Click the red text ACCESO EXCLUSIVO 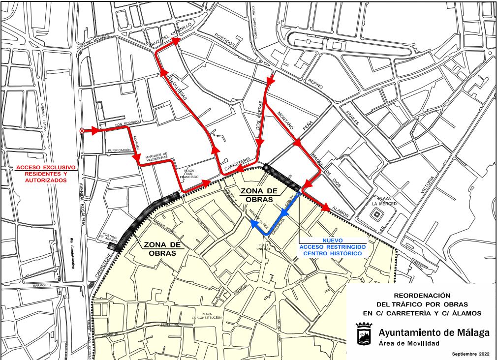pyautogui.click(x=45, y=167)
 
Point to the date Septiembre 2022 pyautogui.click(x=470, y=354)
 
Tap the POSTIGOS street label pyautogui.click(x=226, y=40)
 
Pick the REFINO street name pyautogui.click(x=315, y=84)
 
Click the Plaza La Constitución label pyautogui.click(x=209, y=315)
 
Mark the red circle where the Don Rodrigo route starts pyautogui.click(x=82, y=131)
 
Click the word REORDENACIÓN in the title pyautogui.click(x=422, y=295)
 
